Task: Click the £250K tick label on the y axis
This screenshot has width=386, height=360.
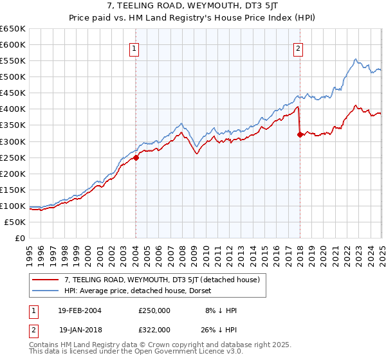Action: (13, 157)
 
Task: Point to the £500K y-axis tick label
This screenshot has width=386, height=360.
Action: (13, 76)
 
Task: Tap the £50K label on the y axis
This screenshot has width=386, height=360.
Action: (15, 222)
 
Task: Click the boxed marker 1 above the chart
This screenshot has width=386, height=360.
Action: (135, 48)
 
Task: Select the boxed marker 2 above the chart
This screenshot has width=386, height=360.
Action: (299, 48)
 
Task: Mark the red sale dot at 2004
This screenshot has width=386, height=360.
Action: (136, 157)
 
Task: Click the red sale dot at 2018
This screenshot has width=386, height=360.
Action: (300, 134)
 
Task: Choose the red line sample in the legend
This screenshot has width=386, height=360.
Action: (44, 280)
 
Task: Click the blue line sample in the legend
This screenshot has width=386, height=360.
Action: (44, 290)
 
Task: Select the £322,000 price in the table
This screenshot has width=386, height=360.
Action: (154, 329)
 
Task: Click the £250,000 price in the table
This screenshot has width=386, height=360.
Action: (154, 310)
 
